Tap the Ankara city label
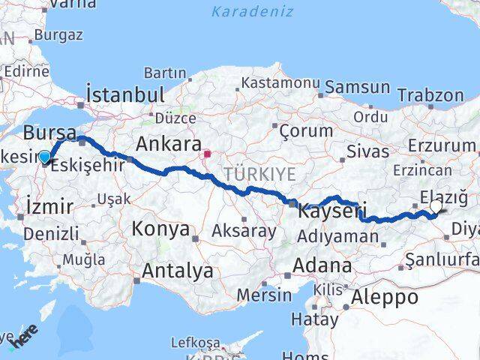(x=168, y=143)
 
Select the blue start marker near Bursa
(x=45, y=157)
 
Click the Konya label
(x=160, y=229)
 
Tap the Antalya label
(x=177, y=270)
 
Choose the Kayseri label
(x=331, y=212)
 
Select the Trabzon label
(x=430, y=95)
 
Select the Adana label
(x=322, y=265)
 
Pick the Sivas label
(x=367, y=151)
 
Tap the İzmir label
(x=49, y=205)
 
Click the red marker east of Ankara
(x=207, y=154)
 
